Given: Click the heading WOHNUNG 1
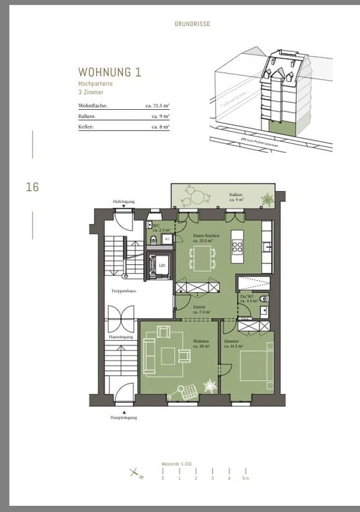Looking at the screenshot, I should [110, 72].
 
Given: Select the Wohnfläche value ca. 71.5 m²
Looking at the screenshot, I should [156, 106].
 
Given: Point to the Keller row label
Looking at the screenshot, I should [86, 126].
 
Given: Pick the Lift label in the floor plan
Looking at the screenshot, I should [162, 266].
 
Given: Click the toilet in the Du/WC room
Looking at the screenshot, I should [264, 300].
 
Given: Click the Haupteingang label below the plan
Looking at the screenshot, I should [124, 417].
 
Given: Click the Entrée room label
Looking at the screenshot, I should [199, 309].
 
